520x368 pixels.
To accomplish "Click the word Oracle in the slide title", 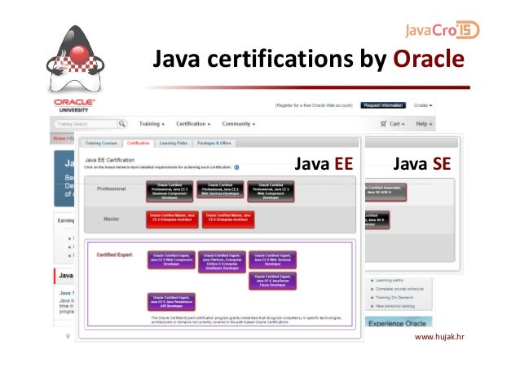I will tap(429, 61).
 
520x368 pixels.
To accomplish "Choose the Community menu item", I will tap(239, 124).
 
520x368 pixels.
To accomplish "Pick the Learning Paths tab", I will tap(174, 143).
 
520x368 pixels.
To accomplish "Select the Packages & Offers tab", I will tap(214, 143).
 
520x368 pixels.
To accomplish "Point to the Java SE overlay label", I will tap(421, 164).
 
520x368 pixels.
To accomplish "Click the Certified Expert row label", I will tap(115, 255).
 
